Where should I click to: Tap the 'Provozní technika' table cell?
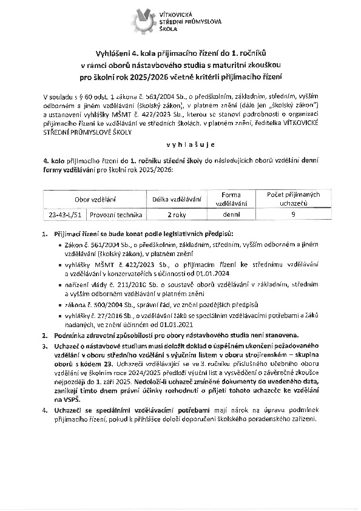[115, 214]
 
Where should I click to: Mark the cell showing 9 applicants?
[293, 214]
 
